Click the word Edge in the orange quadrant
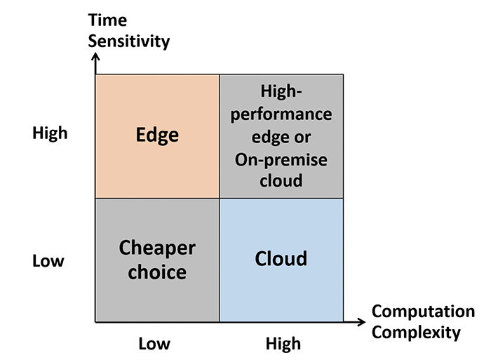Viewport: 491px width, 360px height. click(157, 135)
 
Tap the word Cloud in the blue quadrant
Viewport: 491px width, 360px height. click(281, 258)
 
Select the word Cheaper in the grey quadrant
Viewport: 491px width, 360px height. click(157, 248)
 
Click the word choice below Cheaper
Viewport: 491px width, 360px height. click(157, 272)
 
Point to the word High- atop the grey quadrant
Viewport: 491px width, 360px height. click(281, 92)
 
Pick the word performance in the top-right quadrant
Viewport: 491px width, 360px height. click(281, 115)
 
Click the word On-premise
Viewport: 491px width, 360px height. click(281, 160)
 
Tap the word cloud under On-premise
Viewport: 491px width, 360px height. click(281, 180)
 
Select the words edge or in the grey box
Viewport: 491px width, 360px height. click(281, 138)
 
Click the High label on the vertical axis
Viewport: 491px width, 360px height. click(50, 133)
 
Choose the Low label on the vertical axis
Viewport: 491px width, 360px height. click(48, 260)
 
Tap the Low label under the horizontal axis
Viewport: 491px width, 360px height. click(154, 344)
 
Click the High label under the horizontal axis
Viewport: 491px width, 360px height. click(283, 344)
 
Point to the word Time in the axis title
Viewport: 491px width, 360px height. click(107, 20)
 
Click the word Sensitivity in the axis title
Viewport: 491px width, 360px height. click(128, 41)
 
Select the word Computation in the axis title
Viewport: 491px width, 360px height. click(424, 312)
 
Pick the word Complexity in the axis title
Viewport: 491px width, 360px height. click(416, 332)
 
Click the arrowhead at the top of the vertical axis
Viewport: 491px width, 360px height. click(95, 55)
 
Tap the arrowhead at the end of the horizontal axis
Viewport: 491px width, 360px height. click(363, 322)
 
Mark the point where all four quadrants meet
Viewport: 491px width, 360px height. click(219, 198)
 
